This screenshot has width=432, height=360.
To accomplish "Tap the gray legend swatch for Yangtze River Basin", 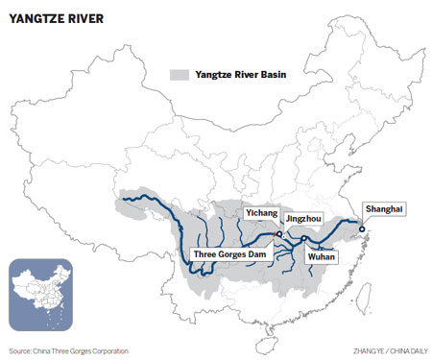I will [x=178, y=74].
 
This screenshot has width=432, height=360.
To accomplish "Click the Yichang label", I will [x=259, y=213].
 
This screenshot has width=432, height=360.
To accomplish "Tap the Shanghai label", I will [x=383, y=209].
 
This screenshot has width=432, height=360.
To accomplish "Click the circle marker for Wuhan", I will [x=303, y=239].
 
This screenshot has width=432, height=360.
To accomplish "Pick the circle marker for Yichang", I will [x=278, y=233].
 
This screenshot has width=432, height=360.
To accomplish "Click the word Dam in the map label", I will [x=261, y=254].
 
